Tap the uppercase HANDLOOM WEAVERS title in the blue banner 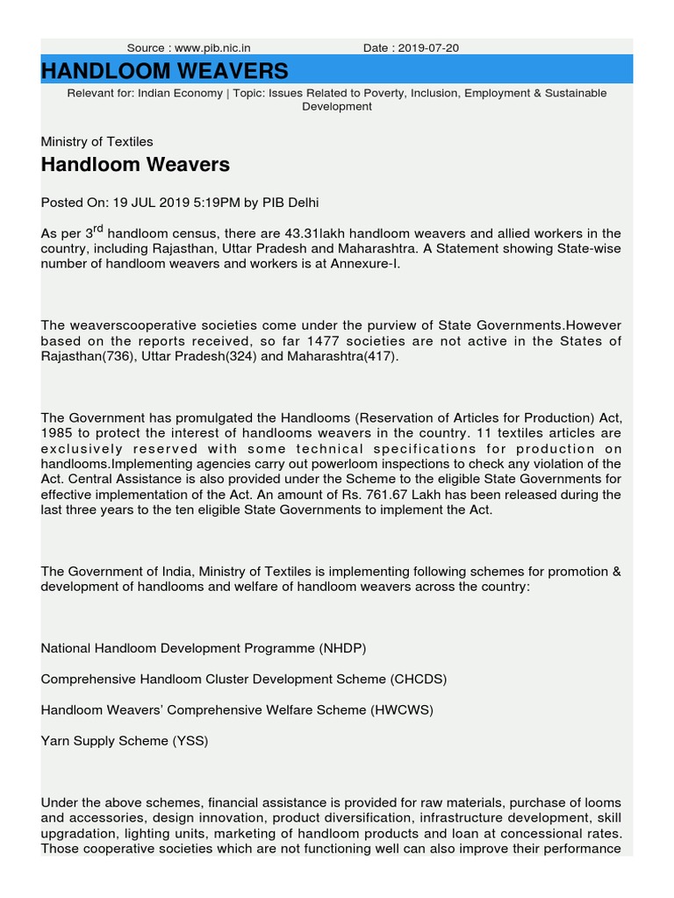click(164, 70)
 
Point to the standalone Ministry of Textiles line click(97, 141)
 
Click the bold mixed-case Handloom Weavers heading click(135, 164)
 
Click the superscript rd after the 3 click(100, 230)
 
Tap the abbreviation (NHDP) click(341, 648)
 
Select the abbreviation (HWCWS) click(402, 709)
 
